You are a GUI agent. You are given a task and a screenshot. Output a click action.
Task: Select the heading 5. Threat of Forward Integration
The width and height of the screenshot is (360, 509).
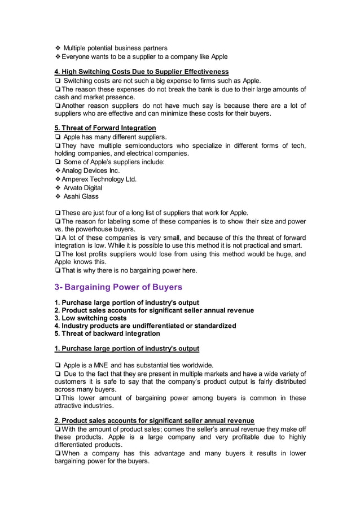coord(105,128)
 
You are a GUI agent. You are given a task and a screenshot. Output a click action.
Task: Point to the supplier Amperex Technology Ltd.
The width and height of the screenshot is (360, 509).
coord(99,179)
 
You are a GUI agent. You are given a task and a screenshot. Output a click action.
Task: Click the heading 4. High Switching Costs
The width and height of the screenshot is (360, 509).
coord(141,72)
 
